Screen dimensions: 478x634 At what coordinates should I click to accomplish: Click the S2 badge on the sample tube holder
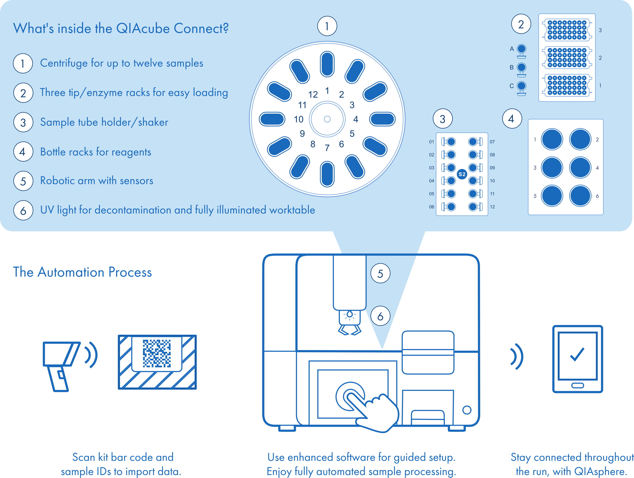click(x=462, y=174)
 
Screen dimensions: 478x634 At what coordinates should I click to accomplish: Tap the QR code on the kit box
click(x=157, y=353)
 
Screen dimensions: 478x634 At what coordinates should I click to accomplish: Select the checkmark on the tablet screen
click(x=577, y=354)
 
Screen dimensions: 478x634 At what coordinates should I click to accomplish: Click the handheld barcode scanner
click(x=60, y=364)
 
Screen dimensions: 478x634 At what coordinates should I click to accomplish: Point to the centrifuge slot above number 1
click(x=327, y=64)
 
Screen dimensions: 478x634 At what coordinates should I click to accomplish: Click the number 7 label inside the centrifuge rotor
click(x=327, y=148)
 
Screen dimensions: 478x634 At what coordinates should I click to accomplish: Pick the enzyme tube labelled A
click(x=521, y=49)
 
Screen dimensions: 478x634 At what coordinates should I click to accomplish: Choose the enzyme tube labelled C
click(x=521, y=86)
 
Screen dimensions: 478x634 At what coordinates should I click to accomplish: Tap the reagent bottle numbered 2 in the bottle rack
click(x=580, y=139)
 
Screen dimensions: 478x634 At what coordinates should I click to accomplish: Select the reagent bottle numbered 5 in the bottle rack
click(x=552, y=196)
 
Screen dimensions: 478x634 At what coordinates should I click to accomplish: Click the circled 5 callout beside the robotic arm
click(x=380, y=274)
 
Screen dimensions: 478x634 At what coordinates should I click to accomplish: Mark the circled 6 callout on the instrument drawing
click(x=380, y=316)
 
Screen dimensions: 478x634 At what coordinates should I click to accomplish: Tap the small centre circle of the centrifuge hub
click(x=327, y=119)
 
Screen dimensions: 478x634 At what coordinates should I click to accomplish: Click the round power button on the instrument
click(x=467, y=410)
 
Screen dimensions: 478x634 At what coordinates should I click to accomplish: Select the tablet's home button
click(x=578, y=385)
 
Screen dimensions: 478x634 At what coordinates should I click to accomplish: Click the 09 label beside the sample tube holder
click(x=492, y=168)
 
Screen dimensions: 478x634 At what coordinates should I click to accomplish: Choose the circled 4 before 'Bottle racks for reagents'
click(x=23, y=152)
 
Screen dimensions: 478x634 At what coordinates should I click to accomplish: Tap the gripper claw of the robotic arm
click(x=350, y=330)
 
